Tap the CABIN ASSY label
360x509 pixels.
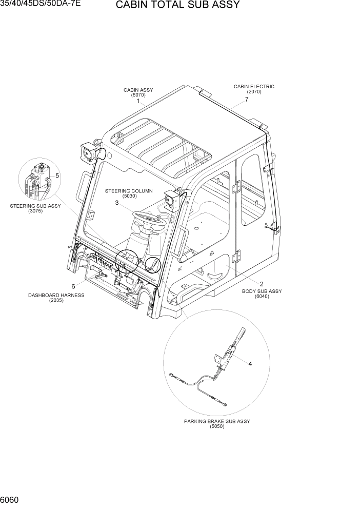(x=138, y=90)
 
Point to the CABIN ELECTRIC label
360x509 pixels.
(x=254, y=87)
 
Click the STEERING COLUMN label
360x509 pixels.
(x=129, y=191)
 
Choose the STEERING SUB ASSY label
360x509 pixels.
(x=35, y=206)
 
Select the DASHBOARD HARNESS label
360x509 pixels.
(x=56, y=295)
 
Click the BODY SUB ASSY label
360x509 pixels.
(x=262, y=291)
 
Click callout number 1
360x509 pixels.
(x=138, y=102)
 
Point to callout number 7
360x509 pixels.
(x=247, y=100)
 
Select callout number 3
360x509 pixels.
(x=117, y=203)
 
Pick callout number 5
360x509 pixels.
(x=57, y=175)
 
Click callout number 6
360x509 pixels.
(x=73, y=286)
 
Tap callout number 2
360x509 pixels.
(x=262, y=284)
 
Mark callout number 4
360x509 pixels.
(x=250, y=364)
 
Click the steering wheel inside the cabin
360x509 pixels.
(x=149, y=218)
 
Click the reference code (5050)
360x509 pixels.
(x=217, y=426)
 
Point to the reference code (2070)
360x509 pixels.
(x=254, y=92)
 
